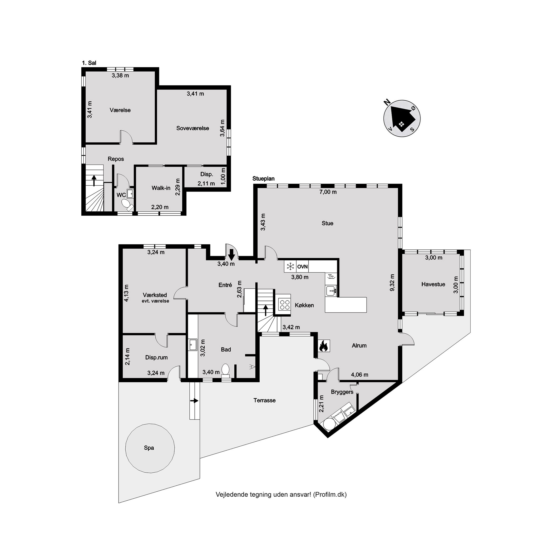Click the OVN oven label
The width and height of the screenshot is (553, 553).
(302, 267)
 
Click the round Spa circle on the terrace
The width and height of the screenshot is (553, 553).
(150, 448)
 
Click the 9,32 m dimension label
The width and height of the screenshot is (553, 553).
(392, 283)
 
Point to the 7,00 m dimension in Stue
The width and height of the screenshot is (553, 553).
(328, 192)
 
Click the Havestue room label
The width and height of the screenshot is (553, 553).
(433, 284)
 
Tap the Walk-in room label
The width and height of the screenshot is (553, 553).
(161, 188)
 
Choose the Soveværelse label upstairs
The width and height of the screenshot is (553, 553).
(193, 128)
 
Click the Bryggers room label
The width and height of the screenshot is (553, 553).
(342, 392)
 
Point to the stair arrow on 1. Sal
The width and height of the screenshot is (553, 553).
(93, 181)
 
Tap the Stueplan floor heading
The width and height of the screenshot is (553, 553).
(263, 179)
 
